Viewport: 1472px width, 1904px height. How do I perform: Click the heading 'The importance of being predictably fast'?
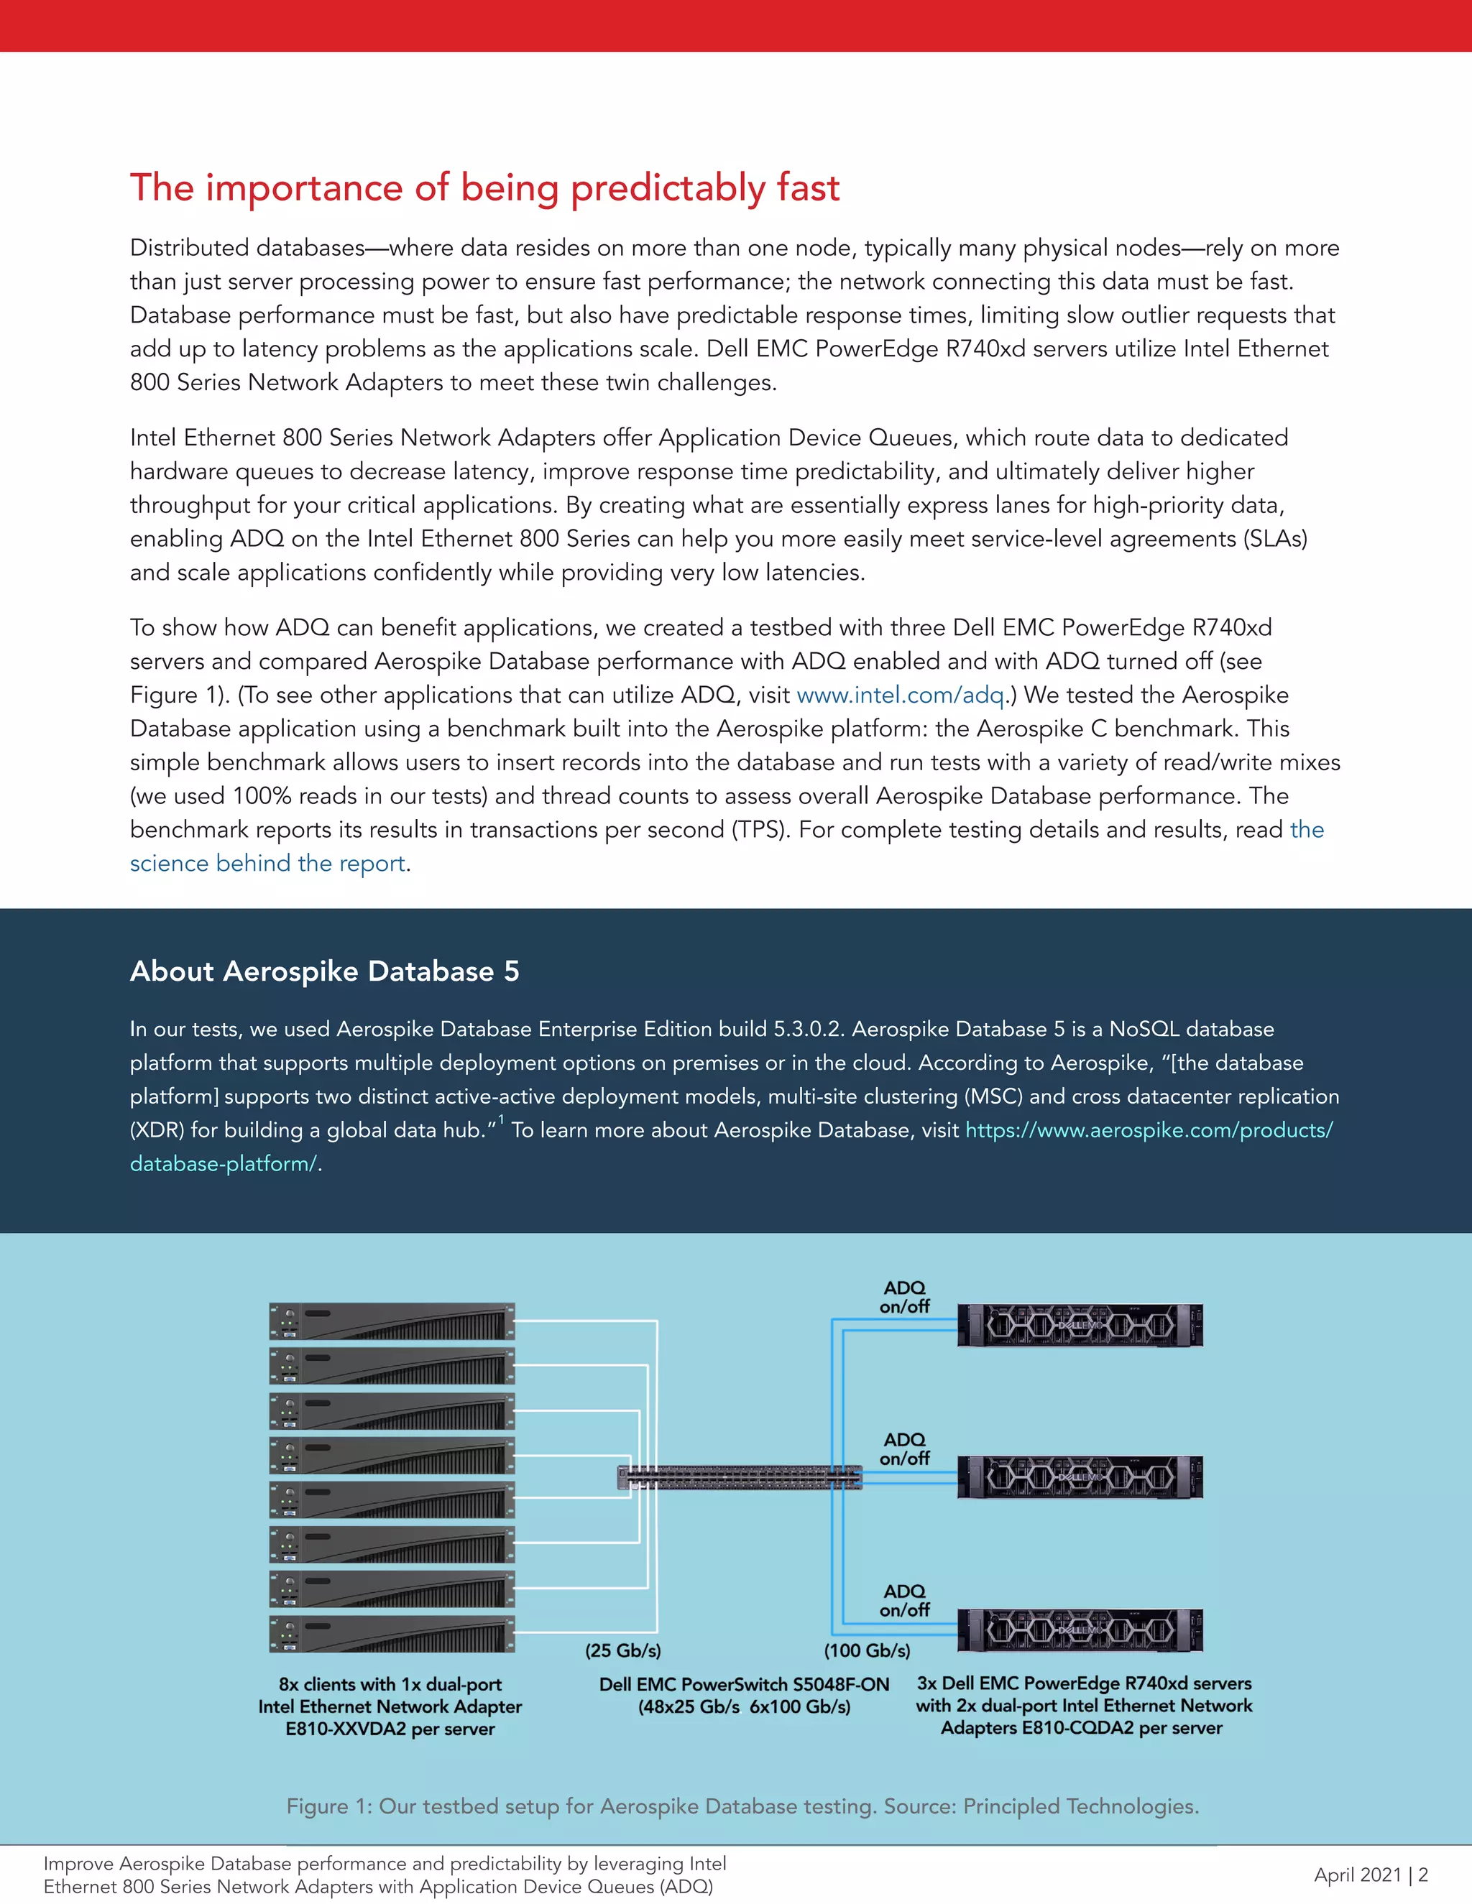coord(485,188)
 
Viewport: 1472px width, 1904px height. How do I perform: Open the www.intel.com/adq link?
coord(901,695)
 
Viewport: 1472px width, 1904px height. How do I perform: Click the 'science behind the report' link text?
coord(267,863)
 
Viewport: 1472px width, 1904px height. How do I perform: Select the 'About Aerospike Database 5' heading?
coord(324,971)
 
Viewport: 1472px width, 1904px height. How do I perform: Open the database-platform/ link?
coord(224,1164)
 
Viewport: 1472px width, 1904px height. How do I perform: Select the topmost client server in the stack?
coord(392,1321)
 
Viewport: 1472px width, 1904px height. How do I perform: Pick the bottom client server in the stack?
coord(392,1635)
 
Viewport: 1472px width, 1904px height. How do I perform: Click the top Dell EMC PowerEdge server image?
coord(1080,1325)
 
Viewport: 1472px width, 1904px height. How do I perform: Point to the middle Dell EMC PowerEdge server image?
coord(1080,1476)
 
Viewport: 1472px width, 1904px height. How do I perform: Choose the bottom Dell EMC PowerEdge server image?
coord(1080,1630)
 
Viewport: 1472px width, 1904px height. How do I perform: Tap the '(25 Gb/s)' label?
coord(622,1650)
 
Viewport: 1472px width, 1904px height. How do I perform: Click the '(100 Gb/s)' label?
coord(867,1650)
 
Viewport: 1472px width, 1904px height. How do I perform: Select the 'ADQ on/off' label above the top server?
coord(904,1297)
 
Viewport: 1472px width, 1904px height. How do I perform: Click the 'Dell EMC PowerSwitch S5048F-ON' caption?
coord(744,1684)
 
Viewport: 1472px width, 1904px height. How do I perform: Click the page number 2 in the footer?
coord(1423,1875)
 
